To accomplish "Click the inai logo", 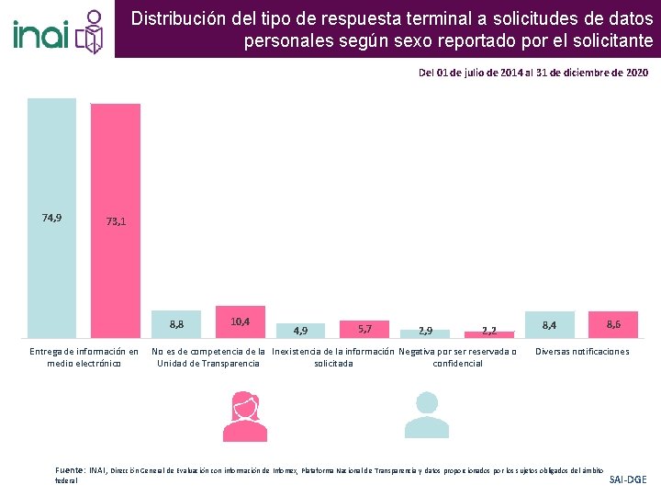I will pyautogui.click(x=57, y=30).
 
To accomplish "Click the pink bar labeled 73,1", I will pyautogui.click(x=116, y=221).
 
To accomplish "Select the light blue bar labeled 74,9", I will pyautogui.click(x=52, y=219).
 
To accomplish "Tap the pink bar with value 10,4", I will pyautogui.click(x=241, y=322).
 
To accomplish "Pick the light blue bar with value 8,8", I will pyautogui.click(x=176, y=324).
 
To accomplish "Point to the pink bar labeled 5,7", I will pyautogui.click(x=364, y=329).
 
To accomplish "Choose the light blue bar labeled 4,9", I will pyautogui.click(x=300, y=331).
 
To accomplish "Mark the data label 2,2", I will pyautogui.click(x=488, y=331).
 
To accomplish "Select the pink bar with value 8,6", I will pyautogui.click(x=613, y=324).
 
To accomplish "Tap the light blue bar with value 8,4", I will pyautogui.click(x=549, y=324).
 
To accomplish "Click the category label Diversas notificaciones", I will pyautogui.click(x=582, y=352).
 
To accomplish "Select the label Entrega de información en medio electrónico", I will pyautogui.click(x=84, y=357).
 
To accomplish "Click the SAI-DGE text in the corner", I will pyautogui.click(x=628, y=479).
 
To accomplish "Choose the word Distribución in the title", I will pyautogui.click(x=175, y=17).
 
